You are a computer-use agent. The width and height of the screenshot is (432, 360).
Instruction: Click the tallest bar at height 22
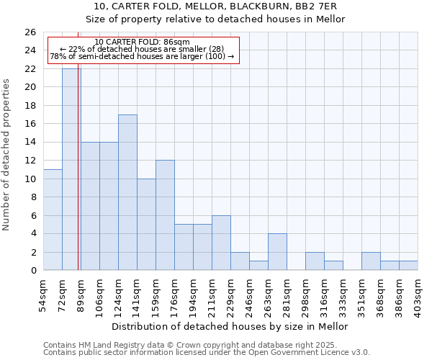(71, 169)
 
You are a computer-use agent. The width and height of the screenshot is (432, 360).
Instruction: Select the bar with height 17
(127, 192)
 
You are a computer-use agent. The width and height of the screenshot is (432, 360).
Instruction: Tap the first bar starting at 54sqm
(53, 220)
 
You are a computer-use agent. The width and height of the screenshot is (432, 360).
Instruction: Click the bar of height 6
(221, 243)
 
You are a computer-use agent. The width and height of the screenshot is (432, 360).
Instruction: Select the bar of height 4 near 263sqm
(277, 252)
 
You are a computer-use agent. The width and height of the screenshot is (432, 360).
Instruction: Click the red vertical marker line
(78, 180)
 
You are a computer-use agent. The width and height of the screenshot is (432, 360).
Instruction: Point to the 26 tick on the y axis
(30, 32)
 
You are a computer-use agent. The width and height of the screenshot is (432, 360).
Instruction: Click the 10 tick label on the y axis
(30, 179)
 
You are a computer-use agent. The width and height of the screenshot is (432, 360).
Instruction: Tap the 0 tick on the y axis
(32, 271)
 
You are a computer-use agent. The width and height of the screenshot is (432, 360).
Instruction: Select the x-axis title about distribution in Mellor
(230, 326)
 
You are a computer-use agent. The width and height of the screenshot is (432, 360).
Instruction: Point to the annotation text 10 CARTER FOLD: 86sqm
(142, 42)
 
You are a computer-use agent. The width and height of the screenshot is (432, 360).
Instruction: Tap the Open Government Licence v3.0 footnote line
(206, 353)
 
